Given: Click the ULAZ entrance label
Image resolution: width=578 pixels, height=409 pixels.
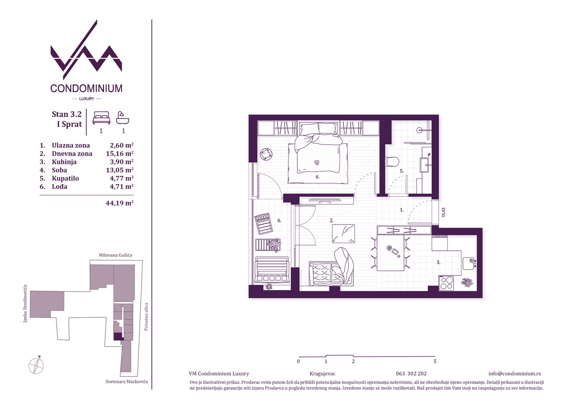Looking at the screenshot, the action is coord(443,212).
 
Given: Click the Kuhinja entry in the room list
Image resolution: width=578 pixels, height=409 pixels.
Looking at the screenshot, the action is coord(64,162).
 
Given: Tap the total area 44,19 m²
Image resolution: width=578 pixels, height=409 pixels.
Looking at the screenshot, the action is coord(120,203).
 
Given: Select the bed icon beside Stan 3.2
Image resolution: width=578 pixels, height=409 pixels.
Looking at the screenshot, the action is coord(101,118).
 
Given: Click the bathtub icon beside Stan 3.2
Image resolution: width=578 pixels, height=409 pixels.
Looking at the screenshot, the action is coord(123,118).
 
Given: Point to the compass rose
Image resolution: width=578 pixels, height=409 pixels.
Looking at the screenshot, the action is coord(36,365).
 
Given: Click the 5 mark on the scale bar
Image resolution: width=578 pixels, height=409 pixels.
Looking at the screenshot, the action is coord(435,361).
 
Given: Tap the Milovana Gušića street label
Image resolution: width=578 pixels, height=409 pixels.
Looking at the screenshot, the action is coord(115,255).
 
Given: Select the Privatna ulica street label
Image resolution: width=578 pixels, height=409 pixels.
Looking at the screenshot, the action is coord(146,317).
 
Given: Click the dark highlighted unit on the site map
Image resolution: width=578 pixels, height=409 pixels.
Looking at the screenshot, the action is coord(118,337).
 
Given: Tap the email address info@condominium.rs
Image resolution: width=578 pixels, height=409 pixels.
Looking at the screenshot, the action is coord(514,374).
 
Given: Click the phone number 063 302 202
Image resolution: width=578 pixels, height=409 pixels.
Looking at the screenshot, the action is coord(411,374).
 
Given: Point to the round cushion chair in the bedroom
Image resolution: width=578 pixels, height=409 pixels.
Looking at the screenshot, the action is coord(266,155).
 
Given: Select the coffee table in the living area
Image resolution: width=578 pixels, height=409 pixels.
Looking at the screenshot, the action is coord(343,234).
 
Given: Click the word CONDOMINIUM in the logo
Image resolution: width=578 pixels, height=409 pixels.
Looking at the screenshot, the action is coord(87,88).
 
